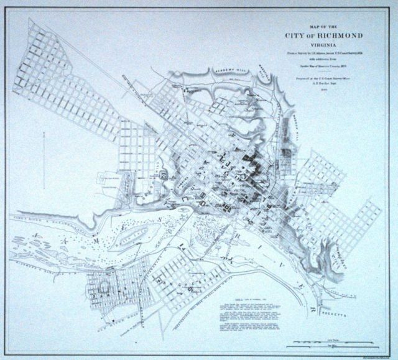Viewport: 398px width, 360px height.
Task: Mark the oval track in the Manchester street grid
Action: pos(106,288)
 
